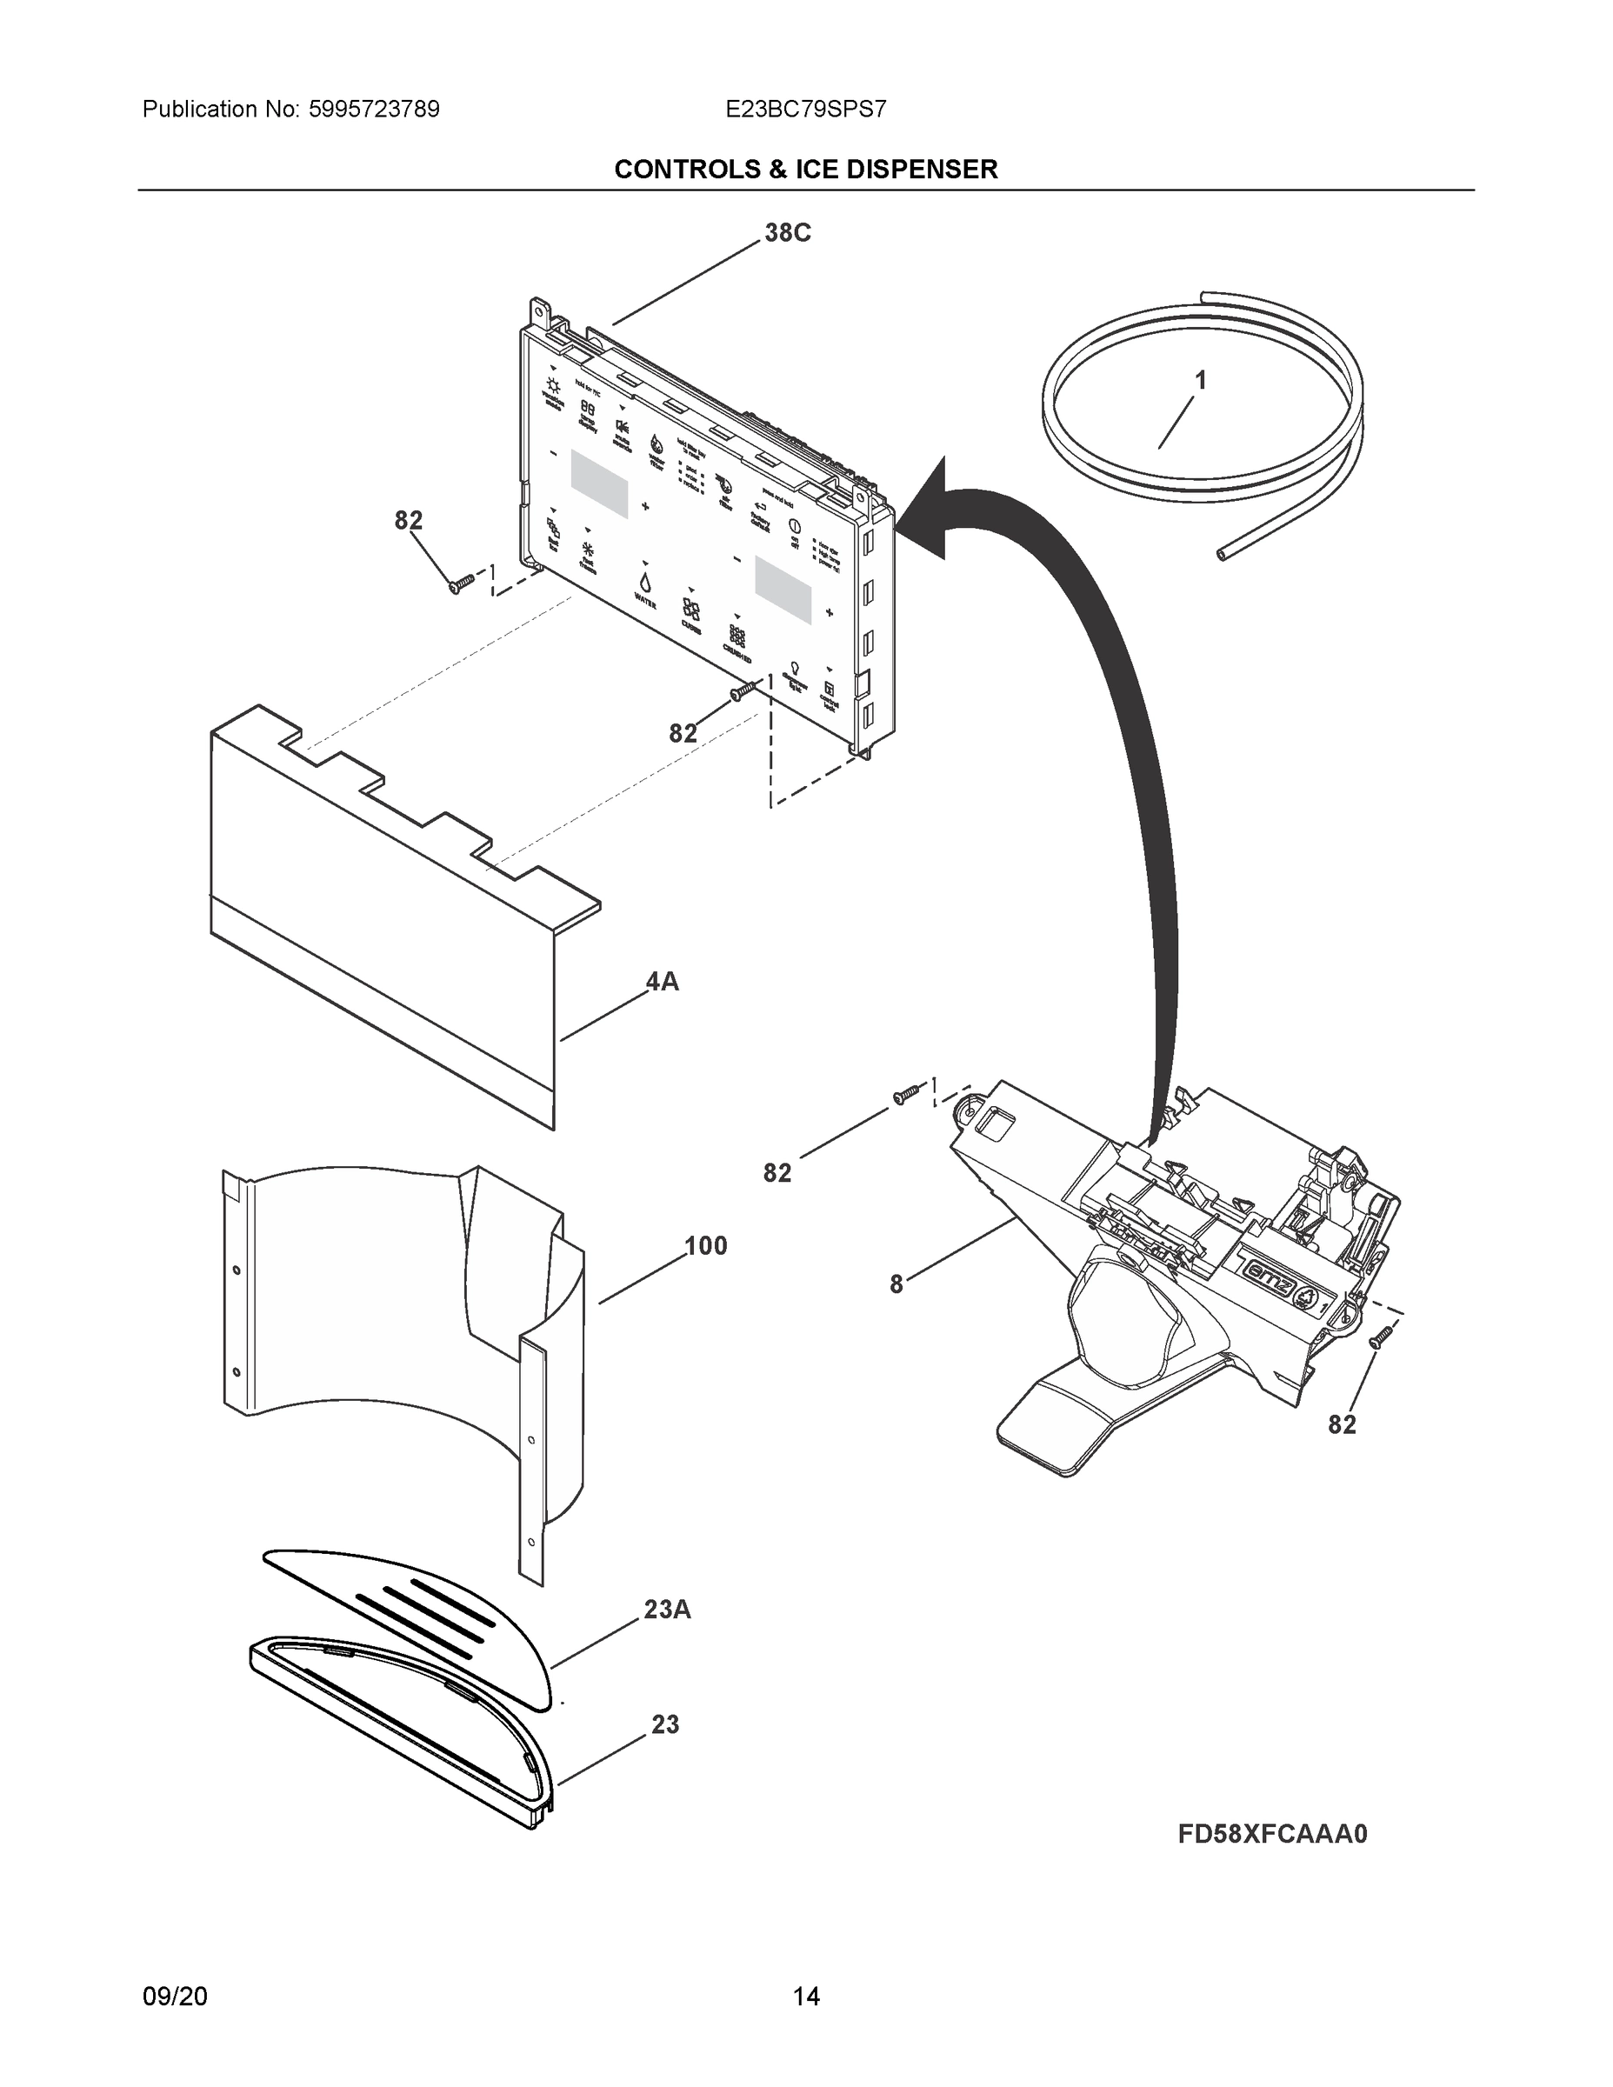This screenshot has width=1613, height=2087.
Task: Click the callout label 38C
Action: coord(788,233)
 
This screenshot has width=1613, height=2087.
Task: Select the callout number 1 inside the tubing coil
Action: coord(1200,380)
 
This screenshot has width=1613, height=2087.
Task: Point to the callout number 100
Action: coord(705,1246)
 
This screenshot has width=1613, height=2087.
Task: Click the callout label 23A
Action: coord(667,1610)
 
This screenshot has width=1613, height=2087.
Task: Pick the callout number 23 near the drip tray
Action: coord(665,1725)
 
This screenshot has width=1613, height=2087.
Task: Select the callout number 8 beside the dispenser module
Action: coord(896,1285)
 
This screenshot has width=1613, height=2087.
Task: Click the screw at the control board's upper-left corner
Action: coord(460,583)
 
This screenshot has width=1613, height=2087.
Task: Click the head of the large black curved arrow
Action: coord(925,510)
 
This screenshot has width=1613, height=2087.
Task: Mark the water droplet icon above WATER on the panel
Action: coord(646,581)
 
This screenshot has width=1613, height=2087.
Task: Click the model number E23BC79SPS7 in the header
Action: coord(805,109)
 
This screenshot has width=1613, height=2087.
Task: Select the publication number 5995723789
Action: coord(374,109)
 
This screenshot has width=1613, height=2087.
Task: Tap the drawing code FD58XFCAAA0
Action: coord(1272,1834)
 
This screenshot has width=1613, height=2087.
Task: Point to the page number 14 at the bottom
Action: coord(805,1997)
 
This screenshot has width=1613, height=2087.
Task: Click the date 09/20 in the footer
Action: coord(175,1997)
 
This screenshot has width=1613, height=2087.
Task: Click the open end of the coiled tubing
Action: coord(1224,553)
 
